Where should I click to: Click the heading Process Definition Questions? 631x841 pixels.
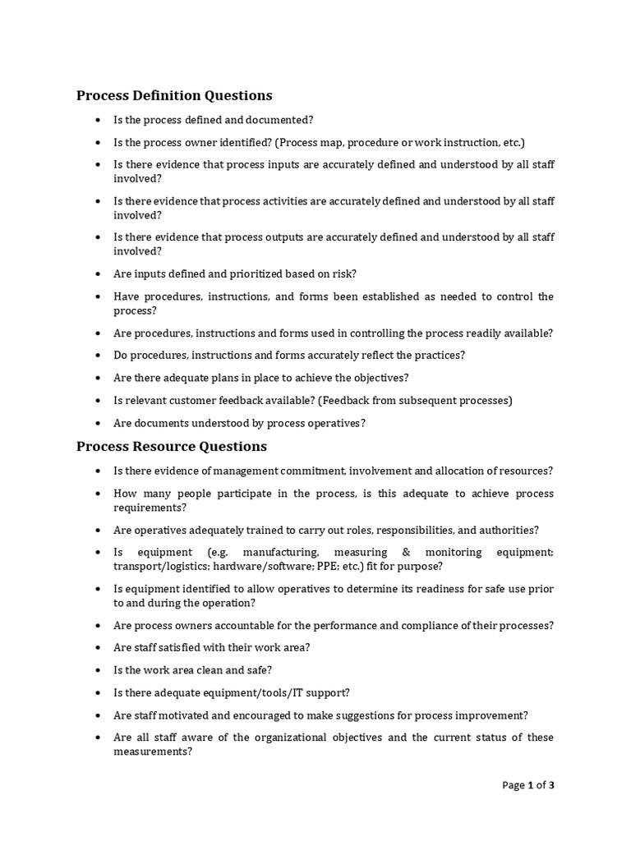click(174, 95)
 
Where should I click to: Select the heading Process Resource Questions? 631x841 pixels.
click(172, 447)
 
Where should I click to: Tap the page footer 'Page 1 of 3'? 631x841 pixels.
click(528, 785)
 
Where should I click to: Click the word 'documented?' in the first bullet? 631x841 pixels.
click(283, 120)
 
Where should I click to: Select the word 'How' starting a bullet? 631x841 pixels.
click(124, 494)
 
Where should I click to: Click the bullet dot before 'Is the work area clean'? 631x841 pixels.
click(98, 671)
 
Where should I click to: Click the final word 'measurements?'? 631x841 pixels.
click(153, 751)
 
